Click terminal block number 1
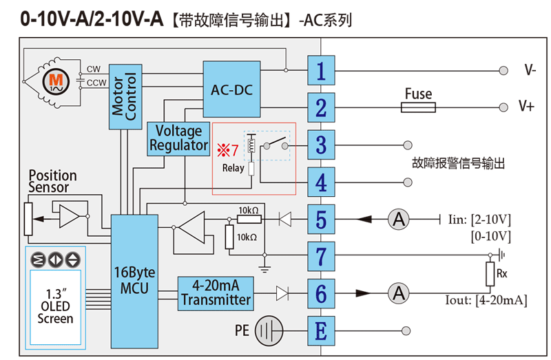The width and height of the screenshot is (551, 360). [321, 70]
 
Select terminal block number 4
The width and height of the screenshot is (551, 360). [321, 182]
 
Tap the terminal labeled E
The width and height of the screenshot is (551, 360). [321, 331]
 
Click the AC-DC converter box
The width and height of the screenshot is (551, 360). [231, 89]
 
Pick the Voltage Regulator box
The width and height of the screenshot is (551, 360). [178, 138]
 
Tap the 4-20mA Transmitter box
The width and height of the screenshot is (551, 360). [216, 293]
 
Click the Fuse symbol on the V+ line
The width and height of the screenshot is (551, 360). [418, 107]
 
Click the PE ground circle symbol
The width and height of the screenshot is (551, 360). [269, 332]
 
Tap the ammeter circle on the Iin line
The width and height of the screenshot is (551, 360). [397, 220]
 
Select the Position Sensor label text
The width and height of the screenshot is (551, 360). [52, 182]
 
